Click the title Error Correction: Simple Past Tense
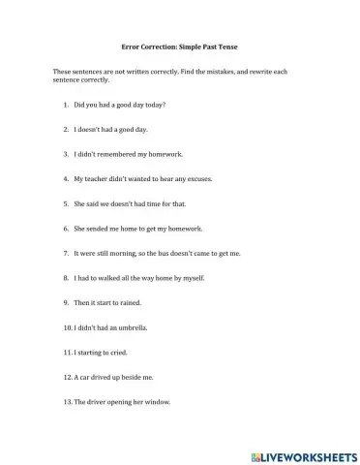pyautogui.click(x=179, y=46)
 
